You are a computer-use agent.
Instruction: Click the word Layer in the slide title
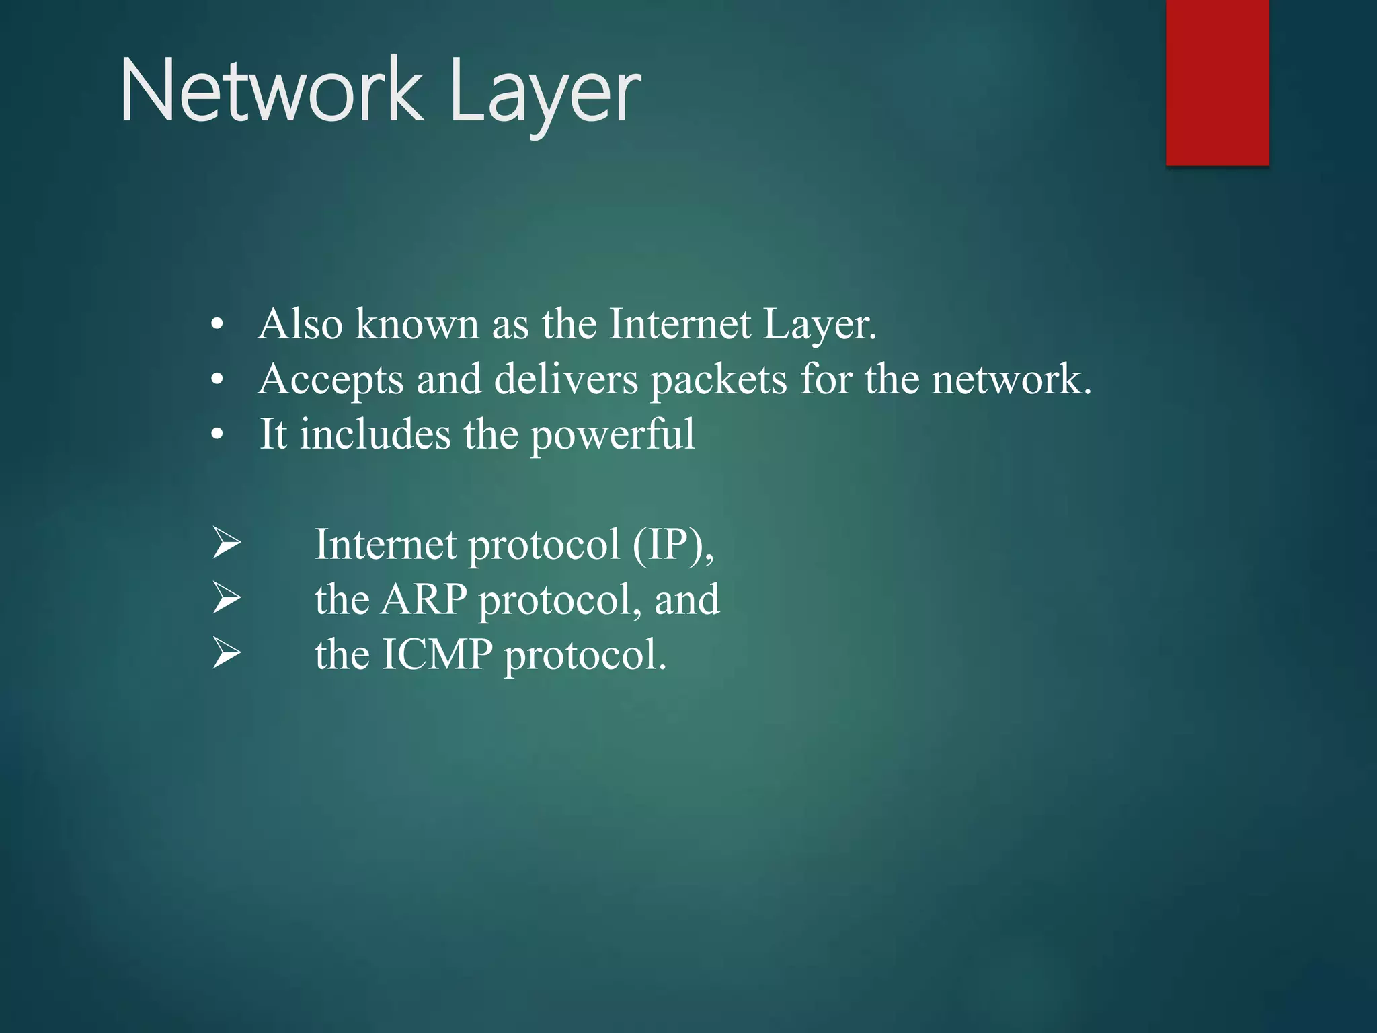click(545, 94)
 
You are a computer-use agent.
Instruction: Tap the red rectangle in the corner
click(1217, 82)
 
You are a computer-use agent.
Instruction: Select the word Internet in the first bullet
click(679, 324)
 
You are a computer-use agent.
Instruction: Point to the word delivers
click(566, 379)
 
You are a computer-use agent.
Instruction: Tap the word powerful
click(613, 435)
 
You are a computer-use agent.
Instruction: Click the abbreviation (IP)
click(672, 544)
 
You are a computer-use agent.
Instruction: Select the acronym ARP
click(424, 599)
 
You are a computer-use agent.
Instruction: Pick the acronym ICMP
click(437, 654)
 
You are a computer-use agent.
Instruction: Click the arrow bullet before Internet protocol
click(227, 543)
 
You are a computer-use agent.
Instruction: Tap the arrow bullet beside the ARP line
click(227, 599)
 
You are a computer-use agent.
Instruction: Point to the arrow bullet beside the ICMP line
click(227, 654)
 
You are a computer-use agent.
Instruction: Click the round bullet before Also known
click(217, 326)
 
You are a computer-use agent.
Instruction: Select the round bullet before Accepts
click(217, 381)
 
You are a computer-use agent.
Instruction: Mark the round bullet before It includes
click(217, 436)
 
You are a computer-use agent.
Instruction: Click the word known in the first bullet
click(417, 324)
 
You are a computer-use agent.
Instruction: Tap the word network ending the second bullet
click(1009, 379)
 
